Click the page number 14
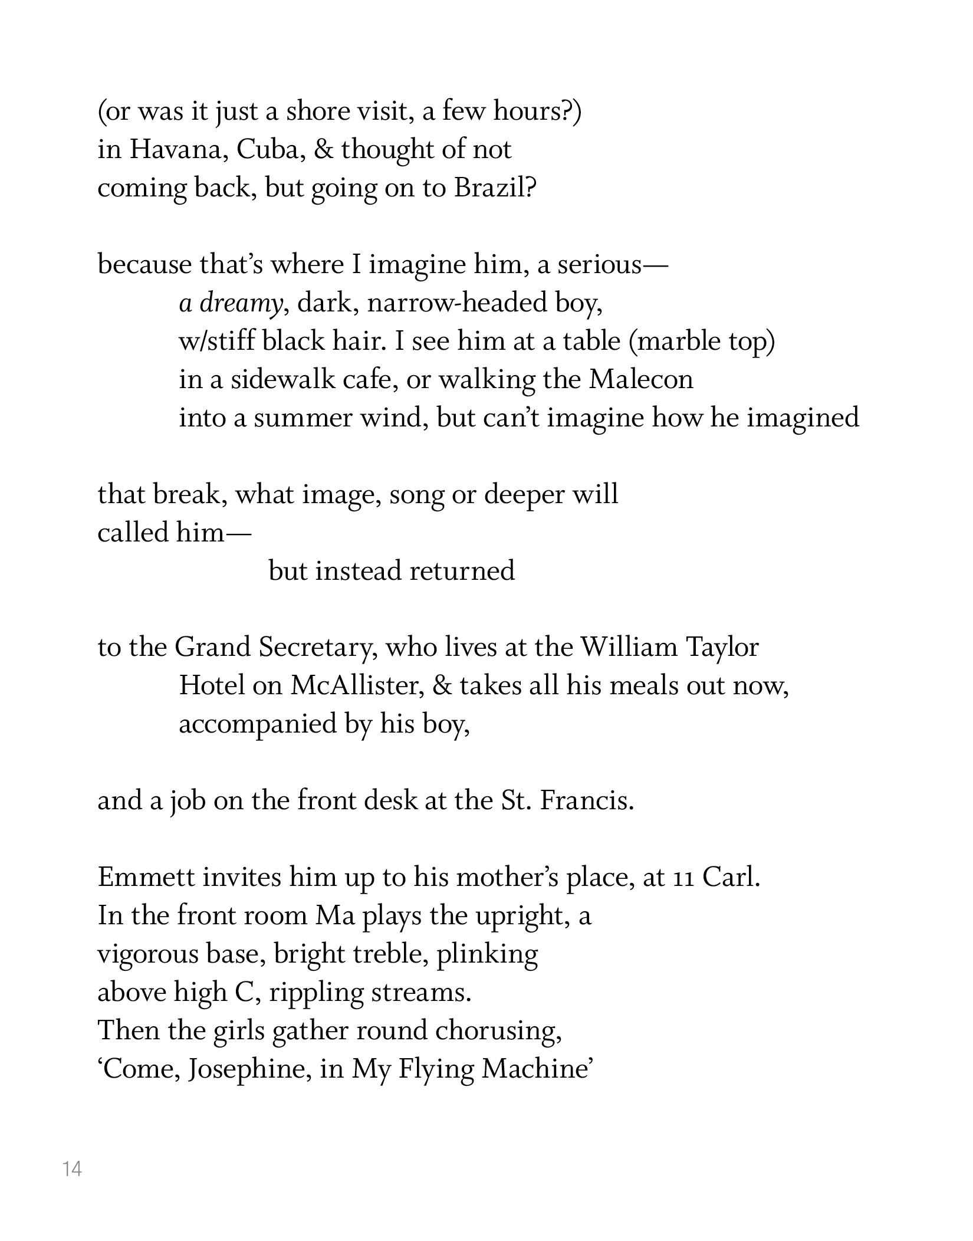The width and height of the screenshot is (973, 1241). pos(72,1168)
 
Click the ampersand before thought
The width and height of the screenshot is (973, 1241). pos(324,150)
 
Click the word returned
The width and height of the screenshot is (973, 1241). pos(462,571)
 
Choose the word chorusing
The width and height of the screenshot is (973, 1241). pos(498,1030)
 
